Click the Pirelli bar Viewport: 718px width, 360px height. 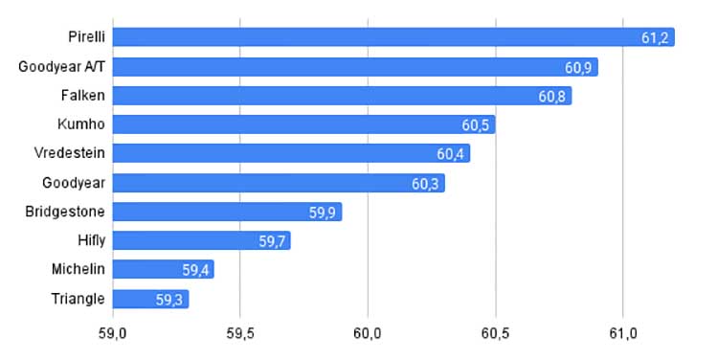pyautogui.click(x=393, y=37)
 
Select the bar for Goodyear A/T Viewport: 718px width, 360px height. pyautogui.click(x=355, y=67)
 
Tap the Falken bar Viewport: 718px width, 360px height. pyautogui.click(x=342, y=96)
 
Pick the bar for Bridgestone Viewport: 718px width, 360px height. pyautogui.click(x=227, y=212)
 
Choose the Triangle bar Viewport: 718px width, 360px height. pyautogui.click(x=150, y=299)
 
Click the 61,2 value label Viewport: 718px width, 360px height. pyautogui.click(x=655, y=38)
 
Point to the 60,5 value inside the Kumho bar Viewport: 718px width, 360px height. pyautogui.click(x=475, y=125)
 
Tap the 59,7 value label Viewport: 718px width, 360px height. pyautogui.click(x=272, y=241)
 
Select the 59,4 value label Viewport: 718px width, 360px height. pyautogui.click(x=195, y=270)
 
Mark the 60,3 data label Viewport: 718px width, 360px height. pyautogui.click(x=425, y=184)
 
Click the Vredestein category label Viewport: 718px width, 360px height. pyautogui.click(x=70, y=152)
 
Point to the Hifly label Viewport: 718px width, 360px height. pyautogui.click(x=92, y=240)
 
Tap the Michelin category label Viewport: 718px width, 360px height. pyautogui.click(x=79, y=269)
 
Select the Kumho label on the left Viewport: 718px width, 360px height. pyautogui.click(x=81, y=124)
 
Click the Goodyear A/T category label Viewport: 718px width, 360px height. pyautogui.click(x=62, y=67)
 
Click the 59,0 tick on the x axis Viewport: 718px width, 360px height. pyautogui.click(x=113, y=334)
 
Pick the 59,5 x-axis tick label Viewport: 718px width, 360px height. pyautogui.click(x=240, y=334)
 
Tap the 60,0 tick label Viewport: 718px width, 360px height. pyautogui.click(x=368, y=334)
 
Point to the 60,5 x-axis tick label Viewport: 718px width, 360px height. pyautogui.click(x=496, y=334)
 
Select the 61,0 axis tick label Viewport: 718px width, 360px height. pyautogui.click(x=623, y=334)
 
